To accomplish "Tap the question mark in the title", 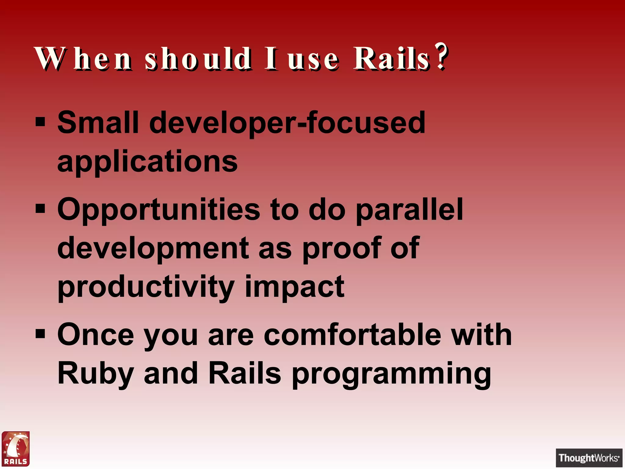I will pyautogui.click(x=441, y=56).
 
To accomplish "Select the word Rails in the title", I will pyautogui.click(x=392, y=59).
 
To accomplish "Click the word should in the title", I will pyautogui.click(x=198, y=59).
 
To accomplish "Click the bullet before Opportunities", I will pyautogui.click(x=40, y=209).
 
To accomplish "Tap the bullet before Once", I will pyautogui.click(x=40, y=334).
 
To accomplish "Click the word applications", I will pyautogui.click(x=147, y=162).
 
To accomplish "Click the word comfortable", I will pyautogui.click(x=352, y=335).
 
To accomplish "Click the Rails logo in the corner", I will pyautogui.click(x=16, y=449).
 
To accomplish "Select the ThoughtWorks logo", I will pyautogui.click(x=589, y=458).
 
